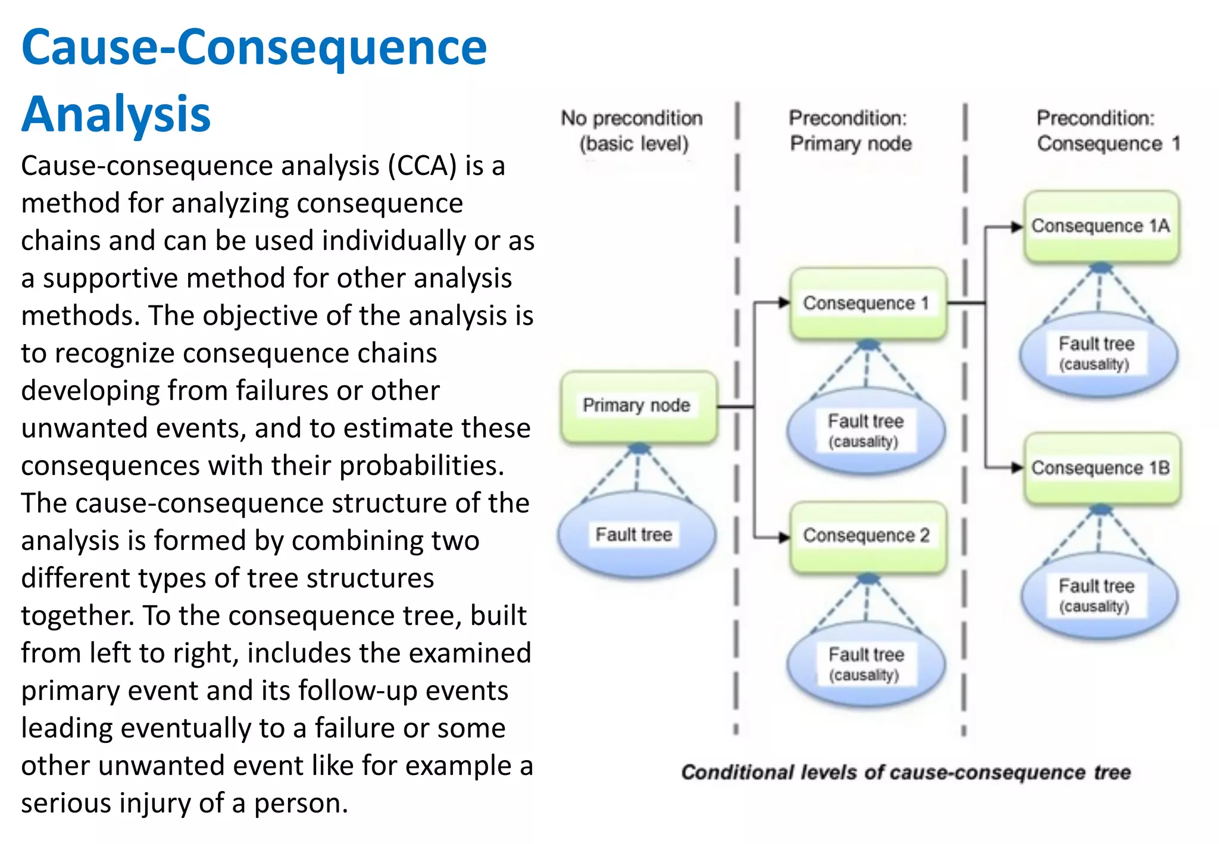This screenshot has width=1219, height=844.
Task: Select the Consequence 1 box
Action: (x=867, y=304)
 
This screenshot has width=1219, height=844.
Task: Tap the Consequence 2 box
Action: (x=867, y=536)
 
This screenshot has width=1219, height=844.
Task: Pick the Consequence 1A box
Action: (x=1101, y=227)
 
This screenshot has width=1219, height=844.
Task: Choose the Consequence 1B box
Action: (x=1101, y=468)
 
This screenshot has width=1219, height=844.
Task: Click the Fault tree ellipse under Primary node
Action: (x=636, y=534)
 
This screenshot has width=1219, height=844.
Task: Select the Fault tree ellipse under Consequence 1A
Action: (x=1098, y=353)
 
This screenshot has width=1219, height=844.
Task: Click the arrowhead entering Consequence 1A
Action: (x=1017, y=227)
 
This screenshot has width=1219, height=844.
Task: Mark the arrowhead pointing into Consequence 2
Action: (x=784, y=537)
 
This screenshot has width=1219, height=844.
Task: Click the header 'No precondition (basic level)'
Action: (x=633, y=131)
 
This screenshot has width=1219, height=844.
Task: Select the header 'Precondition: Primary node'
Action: (x=850, y=131)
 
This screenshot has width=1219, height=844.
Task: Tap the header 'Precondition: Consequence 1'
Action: (x=1107, y=131)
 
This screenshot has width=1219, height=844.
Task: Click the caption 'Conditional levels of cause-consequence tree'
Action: (x=905, y=772)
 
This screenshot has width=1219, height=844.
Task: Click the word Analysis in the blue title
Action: (x=117, y=114)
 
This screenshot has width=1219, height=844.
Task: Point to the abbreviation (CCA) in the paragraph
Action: (x=423, y=165)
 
